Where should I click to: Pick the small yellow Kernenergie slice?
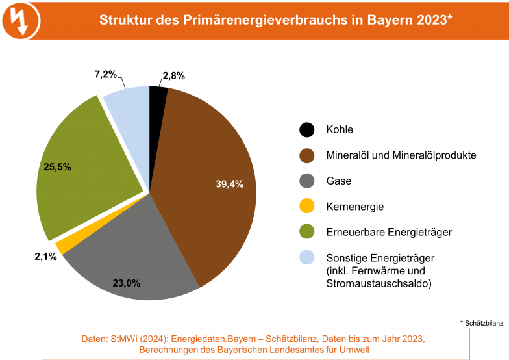(61, 246)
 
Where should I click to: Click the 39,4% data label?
(230, 184)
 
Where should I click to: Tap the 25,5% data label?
(57, 166)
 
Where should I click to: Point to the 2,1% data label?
(45, 257)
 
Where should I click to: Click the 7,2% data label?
(105, 75)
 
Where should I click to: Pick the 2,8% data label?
(174, 75)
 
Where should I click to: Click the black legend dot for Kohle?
(307, 129)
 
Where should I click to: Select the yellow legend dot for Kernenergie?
(307, 207)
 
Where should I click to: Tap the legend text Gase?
(338, 181)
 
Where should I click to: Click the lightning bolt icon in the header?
(20, 19)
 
